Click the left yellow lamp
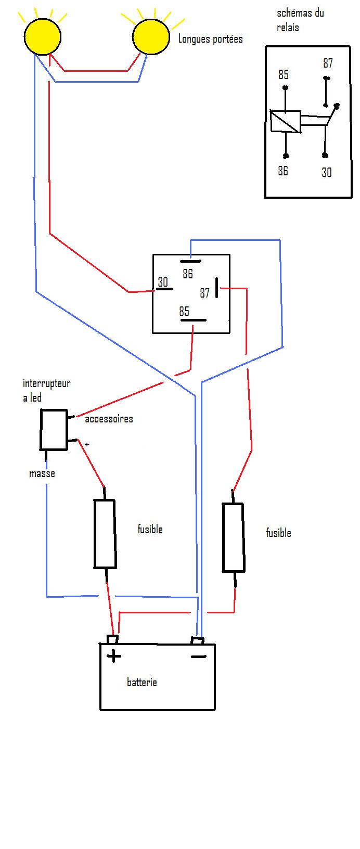pos(42,35)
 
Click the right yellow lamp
pos(151,36)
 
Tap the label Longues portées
pos(210,38)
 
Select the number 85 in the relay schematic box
pos(283,75)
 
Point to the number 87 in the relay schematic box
pos(327,63)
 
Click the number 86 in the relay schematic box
pos(282,171)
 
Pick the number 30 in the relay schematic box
pos(326,172)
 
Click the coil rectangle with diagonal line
pos(285,121)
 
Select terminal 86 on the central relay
pos(188,273)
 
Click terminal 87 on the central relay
pos(205,293)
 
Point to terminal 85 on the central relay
pos(184,311)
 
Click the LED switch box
pos(54,430)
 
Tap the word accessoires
pos(109,419)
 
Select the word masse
pos(42,473)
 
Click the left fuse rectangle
pos(105,534)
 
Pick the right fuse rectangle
pos(233,537)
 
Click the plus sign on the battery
pos(113,656)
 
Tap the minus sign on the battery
pos(198,657)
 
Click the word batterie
pos(142,682)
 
